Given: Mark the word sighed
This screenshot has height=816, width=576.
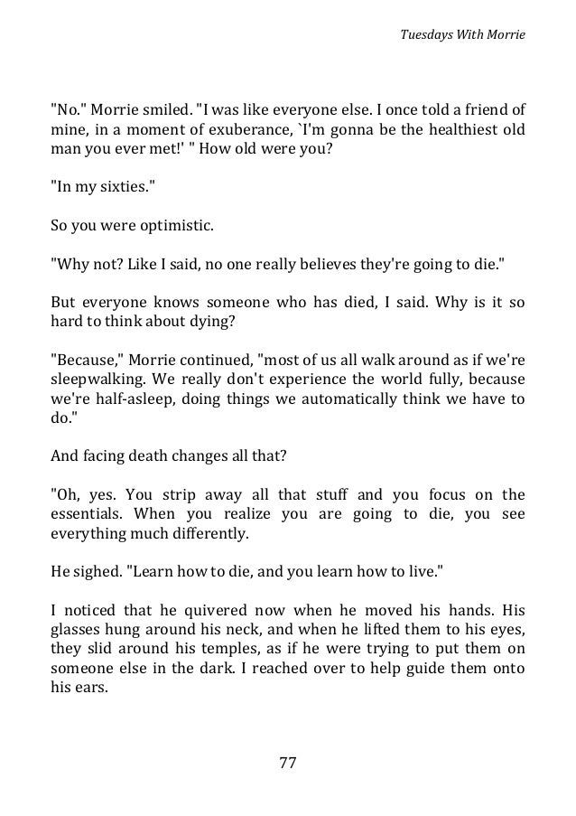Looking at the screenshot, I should point(94,574).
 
